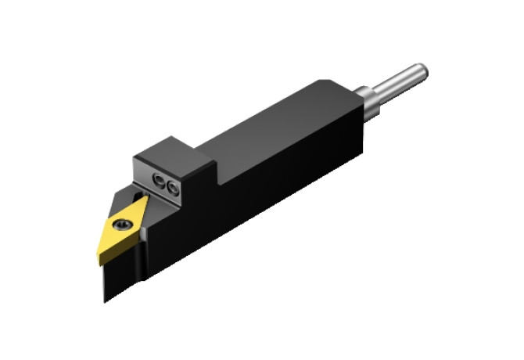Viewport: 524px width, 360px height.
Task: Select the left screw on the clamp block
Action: click(159, 182)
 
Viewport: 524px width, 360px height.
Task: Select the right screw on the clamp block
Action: click(171, 186)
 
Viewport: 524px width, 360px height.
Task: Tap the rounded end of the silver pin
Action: click(423, 70)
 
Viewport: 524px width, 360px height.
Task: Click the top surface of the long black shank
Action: click(282, 125)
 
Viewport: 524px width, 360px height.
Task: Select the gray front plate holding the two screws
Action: click(164, 184)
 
